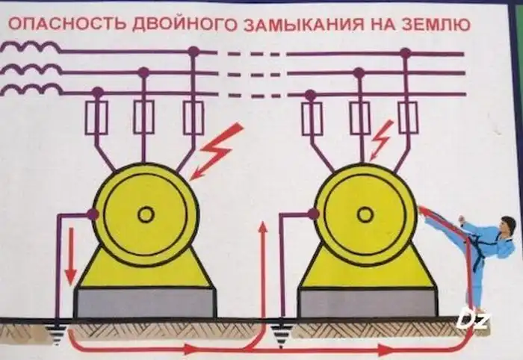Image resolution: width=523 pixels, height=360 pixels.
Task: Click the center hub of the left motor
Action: (x=146, y=214)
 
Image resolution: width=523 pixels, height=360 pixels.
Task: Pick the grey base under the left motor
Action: (x=146, y=302)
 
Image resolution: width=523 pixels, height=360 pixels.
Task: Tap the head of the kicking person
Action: (x=509, y=225)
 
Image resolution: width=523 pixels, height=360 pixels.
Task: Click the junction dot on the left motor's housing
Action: (x=93, y=214)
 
